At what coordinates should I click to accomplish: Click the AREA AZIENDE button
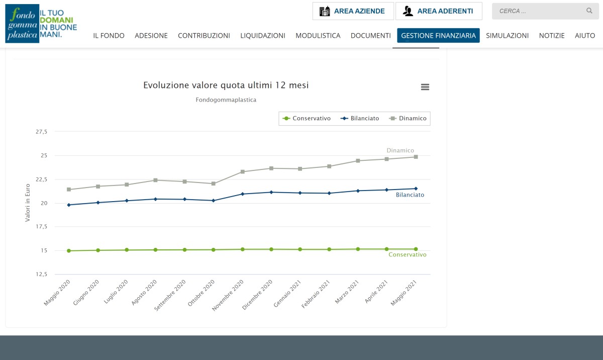click(x=353, y=11)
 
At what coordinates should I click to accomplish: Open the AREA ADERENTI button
click(x=439, y=11)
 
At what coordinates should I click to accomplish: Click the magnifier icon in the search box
click(x=589, y=11)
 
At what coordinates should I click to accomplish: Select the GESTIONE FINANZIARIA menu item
click(x=438, y=36)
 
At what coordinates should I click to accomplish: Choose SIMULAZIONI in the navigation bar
click(x=507, y=36)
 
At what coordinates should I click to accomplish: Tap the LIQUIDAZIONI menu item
click(x=263, y=36)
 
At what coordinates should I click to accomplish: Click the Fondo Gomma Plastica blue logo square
click(x=22, y=24)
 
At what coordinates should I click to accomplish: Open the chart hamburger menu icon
click(x=425, y=87)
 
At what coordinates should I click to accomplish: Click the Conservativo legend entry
click(x=307, y=119)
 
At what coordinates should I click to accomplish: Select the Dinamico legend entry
click(x=408, y=119)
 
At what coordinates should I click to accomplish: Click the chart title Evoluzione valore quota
click(x=226, y=85)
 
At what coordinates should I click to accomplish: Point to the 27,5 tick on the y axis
click(x=41, y=132)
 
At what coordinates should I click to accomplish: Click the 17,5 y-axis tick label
click(x=41, y=226)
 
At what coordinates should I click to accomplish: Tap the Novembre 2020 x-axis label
click(x=228, y=295)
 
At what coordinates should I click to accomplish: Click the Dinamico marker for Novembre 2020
click(x=243, y=172)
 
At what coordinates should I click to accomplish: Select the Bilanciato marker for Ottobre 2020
click(x=214, y=201)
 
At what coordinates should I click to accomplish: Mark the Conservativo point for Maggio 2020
click(x=69, y=251)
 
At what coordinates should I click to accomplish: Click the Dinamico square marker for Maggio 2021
click(x=416, y=157)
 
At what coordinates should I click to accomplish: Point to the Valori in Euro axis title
click(x=28, y=203)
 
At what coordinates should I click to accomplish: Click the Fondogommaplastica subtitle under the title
click(x=226, y=100)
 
